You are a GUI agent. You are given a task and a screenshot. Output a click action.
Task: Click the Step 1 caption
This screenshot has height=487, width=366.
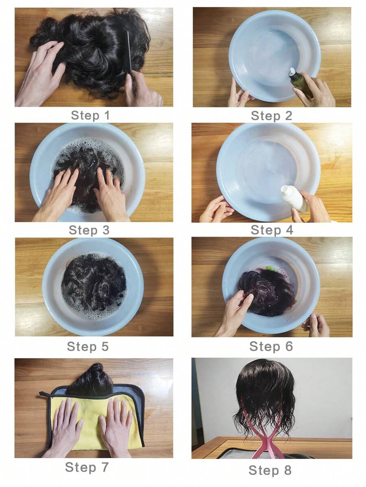[90, 115]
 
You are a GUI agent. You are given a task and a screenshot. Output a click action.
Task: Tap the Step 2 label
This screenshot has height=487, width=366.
[272, 116]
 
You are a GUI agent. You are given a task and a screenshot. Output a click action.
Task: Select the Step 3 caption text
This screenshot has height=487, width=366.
[89, 230]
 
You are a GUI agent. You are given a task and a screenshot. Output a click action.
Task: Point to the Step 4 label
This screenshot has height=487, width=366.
[272, 230]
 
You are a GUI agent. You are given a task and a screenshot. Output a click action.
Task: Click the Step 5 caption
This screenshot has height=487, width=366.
[88, 346]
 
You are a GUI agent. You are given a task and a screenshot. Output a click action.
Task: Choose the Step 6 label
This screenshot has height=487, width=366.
[271, 346]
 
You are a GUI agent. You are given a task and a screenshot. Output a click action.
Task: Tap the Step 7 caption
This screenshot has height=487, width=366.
[87, 467]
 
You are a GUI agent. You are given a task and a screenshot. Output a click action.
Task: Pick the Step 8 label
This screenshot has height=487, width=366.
[270, 470]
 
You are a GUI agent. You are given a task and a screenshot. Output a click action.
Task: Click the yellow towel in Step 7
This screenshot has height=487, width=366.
[93, 422]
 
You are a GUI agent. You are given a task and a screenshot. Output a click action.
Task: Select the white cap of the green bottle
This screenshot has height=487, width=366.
[293, 72]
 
